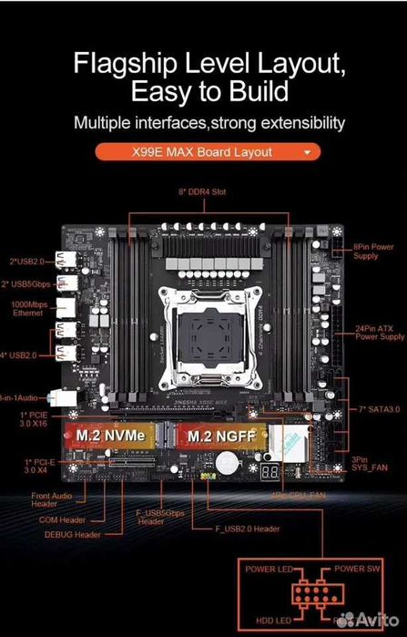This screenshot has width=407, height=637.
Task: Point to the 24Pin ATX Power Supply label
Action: coord(379,332)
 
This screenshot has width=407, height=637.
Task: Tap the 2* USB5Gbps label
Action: coord(25,285)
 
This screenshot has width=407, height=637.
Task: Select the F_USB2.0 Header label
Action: coord(247,528)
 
